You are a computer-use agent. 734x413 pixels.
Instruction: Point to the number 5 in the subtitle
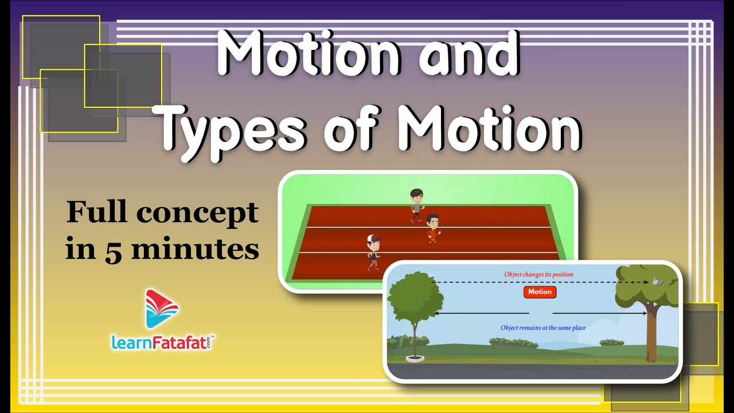click(x=114, y=251)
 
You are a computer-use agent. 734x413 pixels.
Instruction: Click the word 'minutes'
click(x=196, y=248)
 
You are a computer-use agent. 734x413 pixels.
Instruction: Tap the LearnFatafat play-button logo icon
click(x=162, y=309)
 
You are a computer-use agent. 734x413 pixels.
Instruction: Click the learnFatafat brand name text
click(x=163, y=342)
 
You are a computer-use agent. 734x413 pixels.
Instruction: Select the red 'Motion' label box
click(x=540, y=292)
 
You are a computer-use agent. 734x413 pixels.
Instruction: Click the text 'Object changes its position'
click(x=538, y=274)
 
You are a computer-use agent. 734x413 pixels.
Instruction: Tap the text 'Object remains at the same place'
click(x=543, y=328)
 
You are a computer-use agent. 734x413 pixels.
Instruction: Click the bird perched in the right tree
click(x=657, y=282)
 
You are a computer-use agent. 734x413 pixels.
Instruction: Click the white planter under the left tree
click(x=415, y=359)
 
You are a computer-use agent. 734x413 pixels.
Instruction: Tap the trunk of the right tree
click(x=652, y=338)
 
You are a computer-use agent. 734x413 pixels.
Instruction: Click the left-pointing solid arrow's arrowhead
click(x=437, y=314)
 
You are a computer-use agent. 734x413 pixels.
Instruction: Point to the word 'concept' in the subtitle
click(x=198, y=213)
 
